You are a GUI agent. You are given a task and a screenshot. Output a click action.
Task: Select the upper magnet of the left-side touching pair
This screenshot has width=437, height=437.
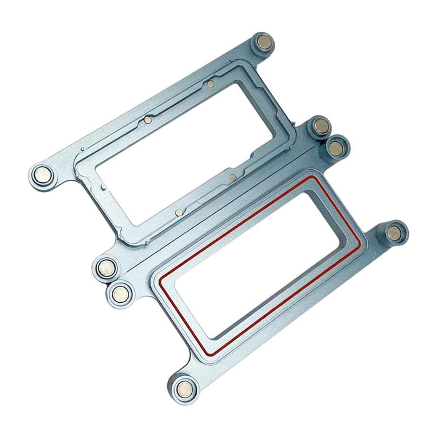coord(107,268)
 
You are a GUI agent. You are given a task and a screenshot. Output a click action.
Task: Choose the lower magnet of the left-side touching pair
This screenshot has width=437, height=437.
coord(120,291)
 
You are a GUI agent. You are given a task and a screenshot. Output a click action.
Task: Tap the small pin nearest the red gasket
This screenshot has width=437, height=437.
coord(232,178)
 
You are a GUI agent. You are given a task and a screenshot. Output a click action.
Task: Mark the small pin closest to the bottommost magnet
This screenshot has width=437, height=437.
coord(179,212)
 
